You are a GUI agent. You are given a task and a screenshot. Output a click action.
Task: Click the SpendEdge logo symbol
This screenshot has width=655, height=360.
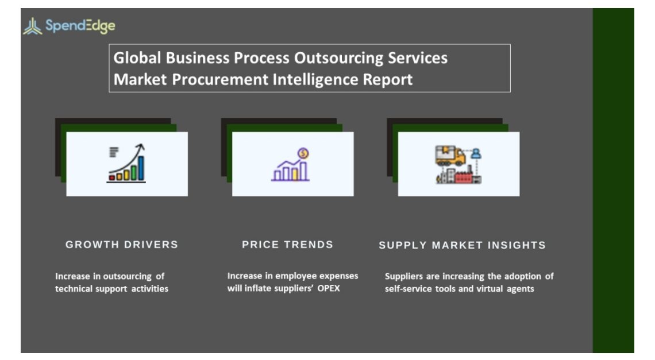(33, 26)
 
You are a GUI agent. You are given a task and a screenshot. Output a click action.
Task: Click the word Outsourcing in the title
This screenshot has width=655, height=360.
(338, 58)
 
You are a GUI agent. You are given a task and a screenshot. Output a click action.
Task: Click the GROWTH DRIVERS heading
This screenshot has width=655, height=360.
(122, 245)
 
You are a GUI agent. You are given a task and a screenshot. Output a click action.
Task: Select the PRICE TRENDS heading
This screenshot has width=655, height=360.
(287, 245)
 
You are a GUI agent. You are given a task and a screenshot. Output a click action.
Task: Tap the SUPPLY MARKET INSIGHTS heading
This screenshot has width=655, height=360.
(462, 245)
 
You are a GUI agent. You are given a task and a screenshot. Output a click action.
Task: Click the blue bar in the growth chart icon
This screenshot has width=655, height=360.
(141, 168)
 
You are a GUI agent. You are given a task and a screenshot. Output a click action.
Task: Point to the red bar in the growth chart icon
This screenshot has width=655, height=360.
(111, 177)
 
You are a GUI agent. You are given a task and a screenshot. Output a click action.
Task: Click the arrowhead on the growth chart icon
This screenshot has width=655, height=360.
(141, 147)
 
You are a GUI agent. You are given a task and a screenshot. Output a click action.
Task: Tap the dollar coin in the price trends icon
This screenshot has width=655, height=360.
(303, 153)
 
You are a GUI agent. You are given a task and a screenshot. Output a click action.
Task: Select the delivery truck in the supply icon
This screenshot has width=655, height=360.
(450, 156)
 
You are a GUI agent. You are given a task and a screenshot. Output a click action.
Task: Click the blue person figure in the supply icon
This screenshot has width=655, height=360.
(476, 154)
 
